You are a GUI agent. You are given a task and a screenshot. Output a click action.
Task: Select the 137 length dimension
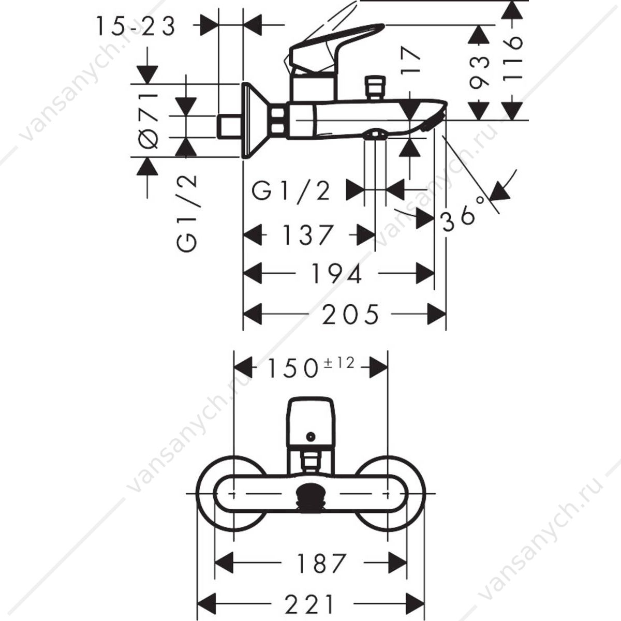(x=308, y=234)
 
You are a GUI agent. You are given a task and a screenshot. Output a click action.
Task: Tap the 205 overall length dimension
(x=351, y=314)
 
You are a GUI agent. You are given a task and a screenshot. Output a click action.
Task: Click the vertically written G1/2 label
(x=186, y=213)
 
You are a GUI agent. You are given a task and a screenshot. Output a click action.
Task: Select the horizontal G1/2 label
(x=291, y=192)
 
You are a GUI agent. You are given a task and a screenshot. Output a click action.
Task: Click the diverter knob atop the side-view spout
(x=375, y=87)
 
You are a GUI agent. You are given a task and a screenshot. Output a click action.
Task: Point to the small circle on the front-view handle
(x=310, y=437)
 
